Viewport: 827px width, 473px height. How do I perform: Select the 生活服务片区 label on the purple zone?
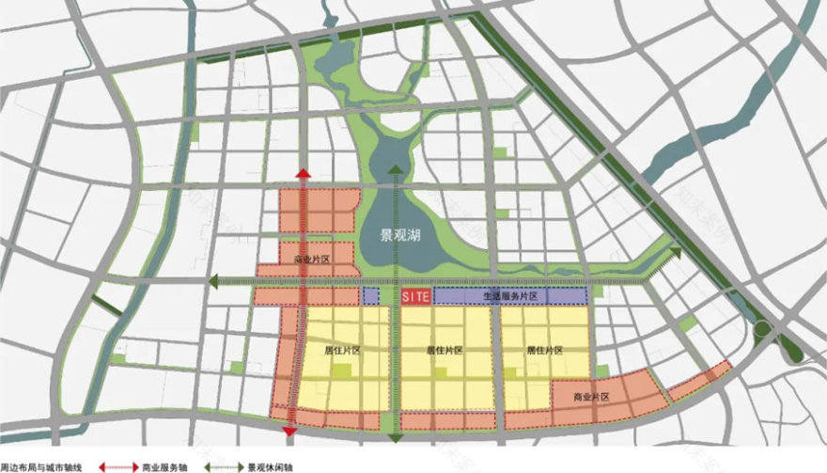[509, 296]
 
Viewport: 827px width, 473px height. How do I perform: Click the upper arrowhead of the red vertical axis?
[303, 174]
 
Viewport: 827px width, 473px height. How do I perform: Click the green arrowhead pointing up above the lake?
[396, 170]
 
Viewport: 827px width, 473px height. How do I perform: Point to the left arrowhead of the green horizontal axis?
[214, 280]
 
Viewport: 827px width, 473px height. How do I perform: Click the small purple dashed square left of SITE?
[371, 296]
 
